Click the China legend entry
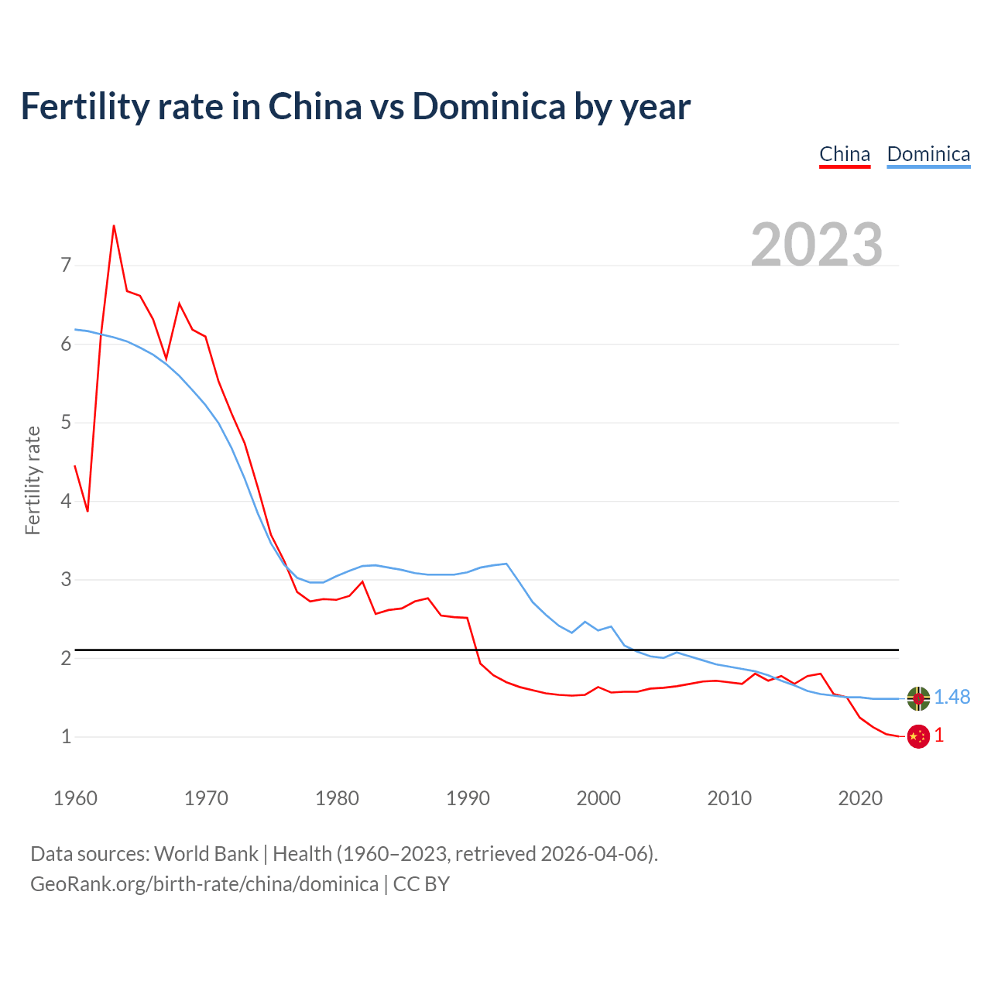point(845,154)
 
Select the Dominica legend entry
point(928,154)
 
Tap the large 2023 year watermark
point(817,245)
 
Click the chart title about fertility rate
point(355,106)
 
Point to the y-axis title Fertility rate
point(33,480)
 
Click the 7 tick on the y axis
point(66,266)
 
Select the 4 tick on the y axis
point(66,501)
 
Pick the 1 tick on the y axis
point(66,736)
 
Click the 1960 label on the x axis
point(75,798)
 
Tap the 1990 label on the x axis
point(468,798)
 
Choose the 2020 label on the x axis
point(860,798)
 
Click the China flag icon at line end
point(918,736)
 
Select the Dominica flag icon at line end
point(918,698)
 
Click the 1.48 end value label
point(952,698)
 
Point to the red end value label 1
point(939,736)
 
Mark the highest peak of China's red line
point(114,226)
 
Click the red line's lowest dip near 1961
point(87,511)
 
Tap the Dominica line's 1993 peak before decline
point(506,564)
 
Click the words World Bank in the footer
point(206,854)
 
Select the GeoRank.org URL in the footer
point(204,884)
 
